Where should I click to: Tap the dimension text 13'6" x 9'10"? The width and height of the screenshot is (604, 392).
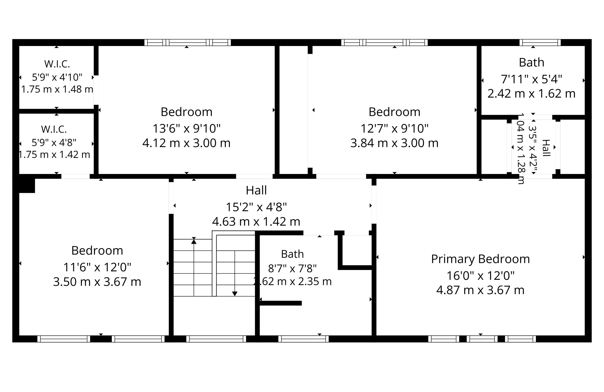(x=187, y=129)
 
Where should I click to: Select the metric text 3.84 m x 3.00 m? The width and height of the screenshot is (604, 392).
(x=394, y=143)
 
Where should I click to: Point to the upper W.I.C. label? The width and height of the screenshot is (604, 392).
(x=57, y=64)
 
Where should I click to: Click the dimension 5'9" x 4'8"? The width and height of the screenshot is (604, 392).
(x=54, y=143)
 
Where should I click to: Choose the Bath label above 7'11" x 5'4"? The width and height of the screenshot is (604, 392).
(x=532, y=62)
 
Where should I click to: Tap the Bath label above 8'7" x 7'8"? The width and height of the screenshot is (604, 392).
(x=292, y=254)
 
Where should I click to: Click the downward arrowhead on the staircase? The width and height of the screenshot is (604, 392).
(x=235, y=294)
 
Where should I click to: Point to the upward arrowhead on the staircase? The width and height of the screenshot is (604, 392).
(x=194, y=241)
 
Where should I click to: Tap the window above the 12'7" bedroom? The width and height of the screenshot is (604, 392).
(x=384, y=42)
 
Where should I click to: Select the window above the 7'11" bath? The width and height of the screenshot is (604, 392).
(x=540, y=42)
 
